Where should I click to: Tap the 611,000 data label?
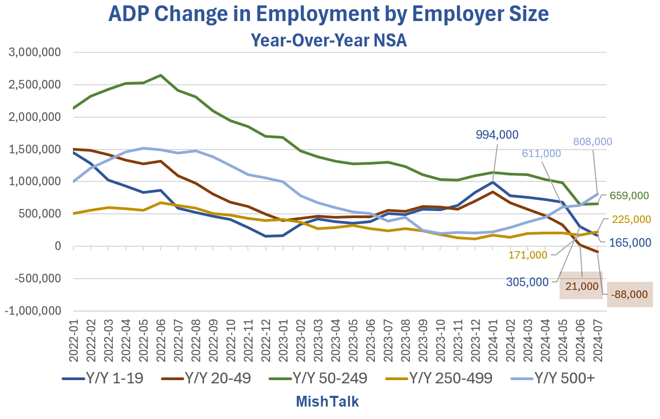[542, 153]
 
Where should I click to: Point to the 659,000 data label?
[630, 196]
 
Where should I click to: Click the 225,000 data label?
[631, 220]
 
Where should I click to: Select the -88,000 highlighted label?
[630, 295]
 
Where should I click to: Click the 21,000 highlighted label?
[582, 286]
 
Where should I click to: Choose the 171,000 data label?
[528, 255]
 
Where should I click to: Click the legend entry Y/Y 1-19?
[103, 379]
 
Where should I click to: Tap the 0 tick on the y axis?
[57, 246]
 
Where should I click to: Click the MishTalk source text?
[327, 402]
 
